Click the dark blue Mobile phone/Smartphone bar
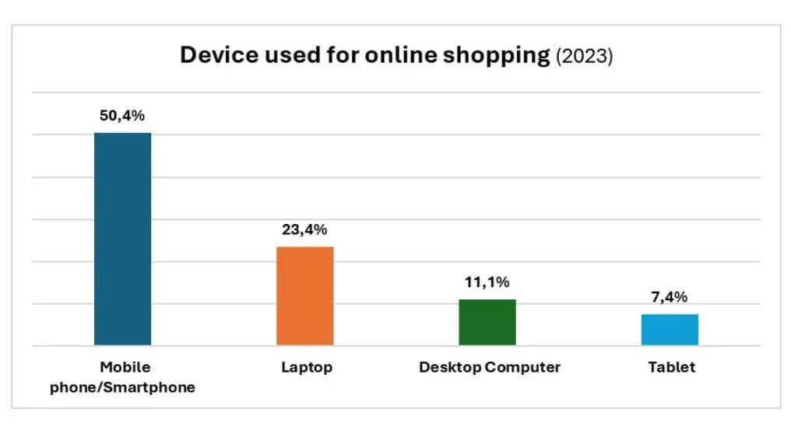tap(122, 239)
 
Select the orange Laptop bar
tap(305, 295)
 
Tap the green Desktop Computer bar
tap(487, 322)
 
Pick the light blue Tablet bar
tap(670, 330)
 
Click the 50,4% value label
tap(122, 116)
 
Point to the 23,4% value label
tap(305, 229)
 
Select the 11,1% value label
tap(487, 282)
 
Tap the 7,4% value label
tap(670, 297)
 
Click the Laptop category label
tap(306, 368)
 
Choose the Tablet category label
tap(671, 367)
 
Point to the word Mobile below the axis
tap(125, 366)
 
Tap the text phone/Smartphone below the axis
tap(122, 387)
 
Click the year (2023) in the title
tap(584, 58)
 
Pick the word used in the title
tap(276, 56)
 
